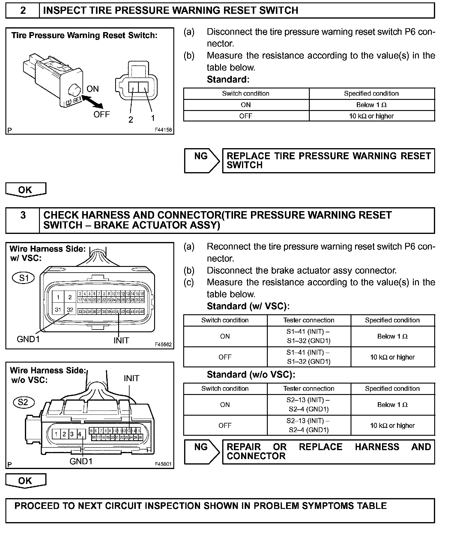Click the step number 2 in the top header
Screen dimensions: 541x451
point(23,10)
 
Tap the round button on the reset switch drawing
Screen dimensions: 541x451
point(74,90)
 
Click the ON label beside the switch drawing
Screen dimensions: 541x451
point(92,89)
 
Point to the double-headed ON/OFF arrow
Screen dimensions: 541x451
point(92,102)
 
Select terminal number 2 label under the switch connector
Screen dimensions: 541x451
point(131,120)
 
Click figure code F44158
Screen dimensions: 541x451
point(163,130)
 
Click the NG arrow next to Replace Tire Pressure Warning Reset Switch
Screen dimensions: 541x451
point(202,160)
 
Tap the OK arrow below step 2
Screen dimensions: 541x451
point(25,190)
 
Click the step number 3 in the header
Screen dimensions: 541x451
point(23,215)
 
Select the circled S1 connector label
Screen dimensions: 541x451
point(23,278)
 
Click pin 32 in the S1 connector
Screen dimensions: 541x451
point(70,309)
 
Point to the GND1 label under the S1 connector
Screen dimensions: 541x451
point(28,339)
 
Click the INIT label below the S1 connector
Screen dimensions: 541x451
point(121,340)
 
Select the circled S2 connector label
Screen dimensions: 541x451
point(23,402)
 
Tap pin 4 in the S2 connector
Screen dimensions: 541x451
point(79,434)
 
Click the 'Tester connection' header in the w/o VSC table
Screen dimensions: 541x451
point(309,389)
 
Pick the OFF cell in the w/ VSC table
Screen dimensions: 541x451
point(225,357)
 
